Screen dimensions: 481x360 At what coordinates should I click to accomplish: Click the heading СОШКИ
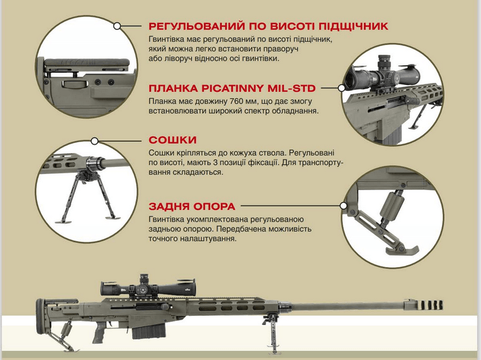coord(172,140)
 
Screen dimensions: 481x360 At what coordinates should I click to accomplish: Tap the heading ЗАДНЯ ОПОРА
coord(192,207)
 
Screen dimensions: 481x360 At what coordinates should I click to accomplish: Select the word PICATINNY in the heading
coord(233,88)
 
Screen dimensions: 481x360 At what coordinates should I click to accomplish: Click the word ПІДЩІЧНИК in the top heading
coord(354,26)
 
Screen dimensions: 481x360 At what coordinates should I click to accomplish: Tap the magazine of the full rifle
coord(149,331)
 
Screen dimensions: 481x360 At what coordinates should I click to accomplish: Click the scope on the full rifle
coord(148,287)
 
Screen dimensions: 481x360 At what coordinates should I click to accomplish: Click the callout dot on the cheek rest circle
coord(117,26)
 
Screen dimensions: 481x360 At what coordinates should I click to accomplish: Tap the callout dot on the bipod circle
coord(95,141)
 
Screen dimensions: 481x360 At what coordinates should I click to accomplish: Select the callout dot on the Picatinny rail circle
coord(341,88)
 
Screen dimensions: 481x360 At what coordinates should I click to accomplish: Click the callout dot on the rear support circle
coord(344,206)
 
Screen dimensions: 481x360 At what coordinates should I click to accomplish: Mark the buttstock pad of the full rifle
coord(40,316)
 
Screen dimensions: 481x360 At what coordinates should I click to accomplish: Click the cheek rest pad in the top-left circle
coord(87,62)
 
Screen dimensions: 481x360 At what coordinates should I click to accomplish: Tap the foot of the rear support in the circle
coord(402,250)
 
